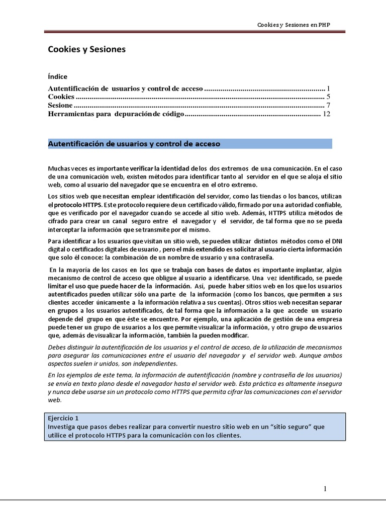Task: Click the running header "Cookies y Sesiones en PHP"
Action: [x=294, y=24]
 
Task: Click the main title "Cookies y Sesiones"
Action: [x=86, y=49]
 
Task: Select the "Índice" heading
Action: [x=57, y=77]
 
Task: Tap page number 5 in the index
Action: [x=328, y=97]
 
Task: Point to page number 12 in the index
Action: [x=326, y=114]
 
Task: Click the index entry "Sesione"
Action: [x=60, y=106]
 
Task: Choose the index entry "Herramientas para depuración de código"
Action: [x=116, y=114]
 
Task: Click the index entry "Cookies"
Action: [x=61, y=97]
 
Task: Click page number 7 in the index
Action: [x=328, y=106]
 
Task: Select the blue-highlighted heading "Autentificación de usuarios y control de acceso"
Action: [x=134, y=144]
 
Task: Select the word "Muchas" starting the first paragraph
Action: [x=59, y=168]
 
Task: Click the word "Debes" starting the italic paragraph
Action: [x=57, y=348]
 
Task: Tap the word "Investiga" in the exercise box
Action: [x=64, y=426]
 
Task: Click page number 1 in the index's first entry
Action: [x=328, y=88]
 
